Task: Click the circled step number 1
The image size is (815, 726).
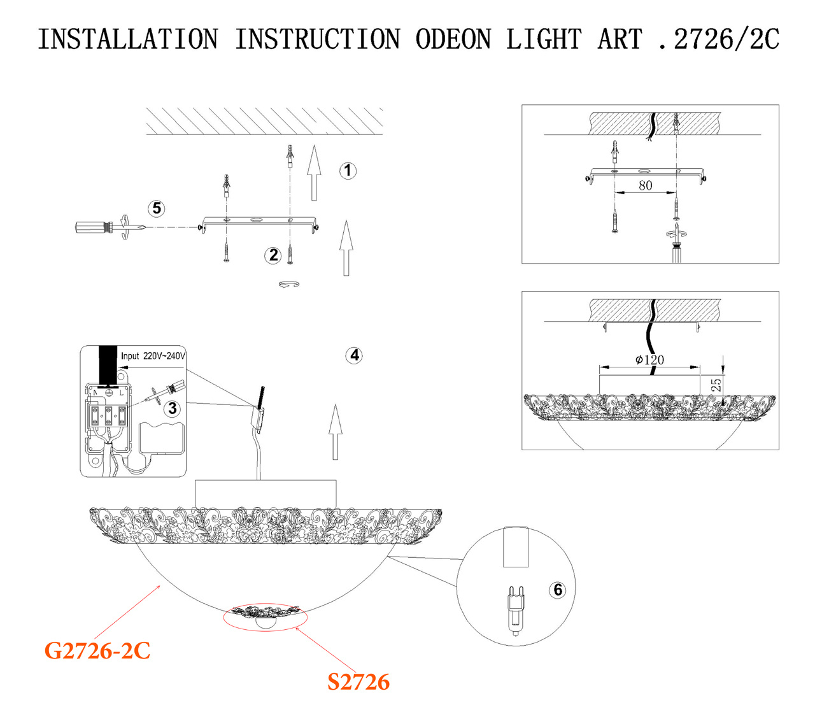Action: coord(348,171)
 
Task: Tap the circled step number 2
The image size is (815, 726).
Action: coord(273,255)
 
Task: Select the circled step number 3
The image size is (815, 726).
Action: coord(173,408)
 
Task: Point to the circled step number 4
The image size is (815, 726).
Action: coord(355,355)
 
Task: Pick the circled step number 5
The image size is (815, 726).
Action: coord(156,208)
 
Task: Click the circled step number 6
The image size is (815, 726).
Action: coord(558,590)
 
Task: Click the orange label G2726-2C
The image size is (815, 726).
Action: coord(97,651)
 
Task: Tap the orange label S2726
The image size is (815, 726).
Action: coord(358,682)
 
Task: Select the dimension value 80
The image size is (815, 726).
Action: coord(645,185)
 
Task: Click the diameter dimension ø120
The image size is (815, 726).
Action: coord(649,360)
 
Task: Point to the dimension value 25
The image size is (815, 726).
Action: coord(716,385)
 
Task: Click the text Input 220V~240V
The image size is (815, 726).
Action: coord(153,356)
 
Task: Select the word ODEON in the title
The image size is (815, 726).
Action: coord(453,39)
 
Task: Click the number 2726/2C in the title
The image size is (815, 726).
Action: coord(726,39)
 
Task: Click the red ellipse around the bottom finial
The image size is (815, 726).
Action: coord(265,617)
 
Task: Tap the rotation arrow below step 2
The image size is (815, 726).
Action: coord(289,285)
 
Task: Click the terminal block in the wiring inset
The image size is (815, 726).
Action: coord(108,416)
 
